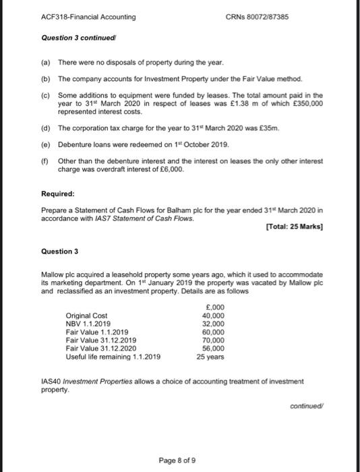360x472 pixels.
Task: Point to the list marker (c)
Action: click(x=46, y=96)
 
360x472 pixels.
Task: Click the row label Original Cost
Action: click(x=86, y=316)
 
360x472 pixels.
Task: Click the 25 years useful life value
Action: click(x=213, y=356)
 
